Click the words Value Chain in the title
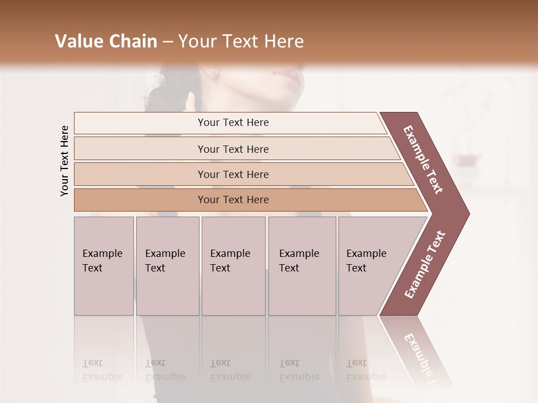coord(106,41)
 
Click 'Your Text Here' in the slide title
coord(241,41)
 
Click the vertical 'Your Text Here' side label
coord(64,161)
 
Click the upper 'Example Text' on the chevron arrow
coord(423,160)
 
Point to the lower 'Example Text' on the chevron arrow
coord(425,265)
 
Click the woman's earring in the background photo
coord(214,76)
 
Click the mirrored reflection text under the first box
coord(103,370)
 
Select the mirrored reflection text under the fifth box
coord(367,370)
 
